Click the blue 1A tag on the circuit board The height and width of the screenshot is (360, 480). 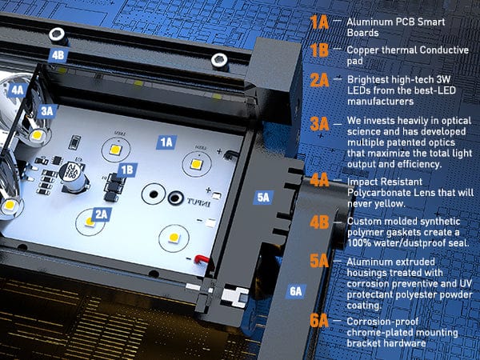(x=166, y=142)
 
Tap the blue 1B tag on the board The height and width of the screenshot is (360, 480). (x=127, y=170)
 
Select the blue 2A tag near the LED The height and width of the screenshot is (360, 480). (x=101, y=214)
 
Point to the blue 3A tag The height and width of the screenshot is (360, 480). (x=47, y=111)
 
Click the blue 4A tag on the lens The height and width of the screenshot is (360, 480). (x=17, y=90)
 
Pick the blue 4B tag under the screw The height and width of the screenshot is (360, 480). (x=58, y=55)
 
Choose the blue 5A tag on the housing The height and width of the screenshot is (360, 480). (x=263, y=198)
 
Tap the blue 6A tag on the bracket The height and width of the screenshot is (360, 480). (x=296, y=291)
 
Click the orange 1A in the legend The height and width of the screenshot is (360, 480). (x=319, y=22)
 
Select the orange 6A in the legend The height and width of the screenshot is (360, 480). (x=319, y=321)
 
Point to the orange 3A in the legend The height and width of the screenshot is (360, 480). (x=319, y=124)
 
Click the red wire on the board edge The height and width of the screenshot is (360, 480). (x=202, y=259)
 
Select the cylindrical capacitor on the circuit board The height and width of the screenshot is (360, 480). (x=73, y=177)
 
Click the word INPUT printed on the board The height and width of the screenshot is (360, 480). (x=198, y=202)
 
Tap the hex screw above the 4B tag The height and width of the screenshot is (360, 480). (x=58, y=35)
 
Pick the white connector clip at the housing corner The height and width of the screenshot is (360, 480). (x=234, y=296)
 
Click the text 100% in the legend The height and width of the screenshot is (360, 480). (x=358, y=243)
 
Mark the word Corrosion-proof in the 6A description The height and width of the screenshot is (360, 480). (x=382, y=322)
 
